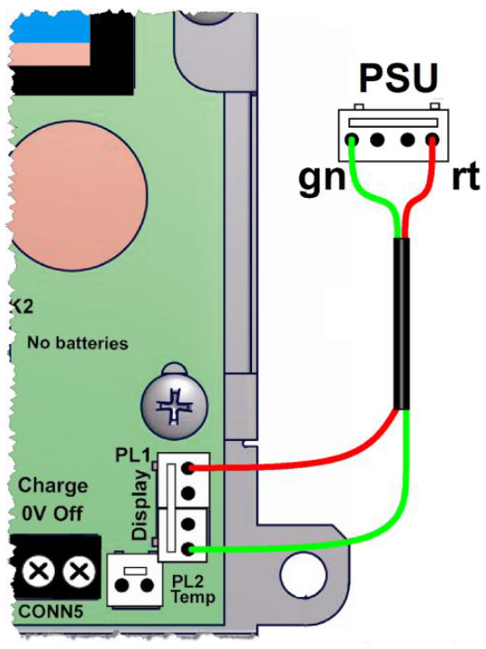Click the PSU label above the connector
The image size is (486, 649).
pyautogui.click(x=398, y=77)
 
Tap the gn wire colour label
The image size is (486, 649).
pyautogui.click(x=321, y=179)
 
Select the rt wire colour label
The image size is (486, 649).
pyautogui.click(x=465, y=177)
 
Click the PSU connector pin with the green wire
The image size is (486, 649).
pyautogui.click(x=353, y=140)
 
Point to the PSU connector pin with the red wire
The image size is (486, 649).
pyautogui.click(x=433, y=140)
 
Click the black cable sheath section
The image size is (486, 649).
pyautogui.click(x=401, y=324)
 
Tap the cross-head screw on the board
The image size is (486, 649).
pyautogui.click(x=174, y=407)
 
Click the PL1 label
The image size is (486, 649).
pyautogui.click(x=132, y=455)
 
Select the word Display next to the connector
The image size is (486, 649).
pyautogui.click(x=140, y=505)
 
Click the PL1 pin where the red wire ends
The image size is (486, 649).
pyautogui.click(x=188, y=468)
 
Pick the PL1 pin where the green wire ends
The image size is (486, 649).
pyautogui.click(x=188, y=550)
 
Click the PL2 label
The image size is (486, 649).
pyautogui.click(x=187, y=581)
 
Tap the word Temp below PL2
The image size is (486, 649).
pyautogui.click(x=193, y=598)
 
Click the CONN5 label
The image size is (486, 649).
pyautogui.click(x=51, y=611)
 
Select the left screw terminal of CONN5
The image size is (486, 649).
pyautogui.click(x=38, y=572)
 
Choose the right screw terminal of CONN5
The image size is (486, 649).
pyautogui.click(x=78, y=572)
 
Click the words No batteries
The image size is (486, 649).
pyautogui.click(x=77, y=343)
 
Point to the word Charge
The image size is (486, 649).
pyautogui.click(x=52, y=486)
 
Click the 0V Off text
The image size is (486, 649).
pyautogui.click(x=52, y=513)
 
